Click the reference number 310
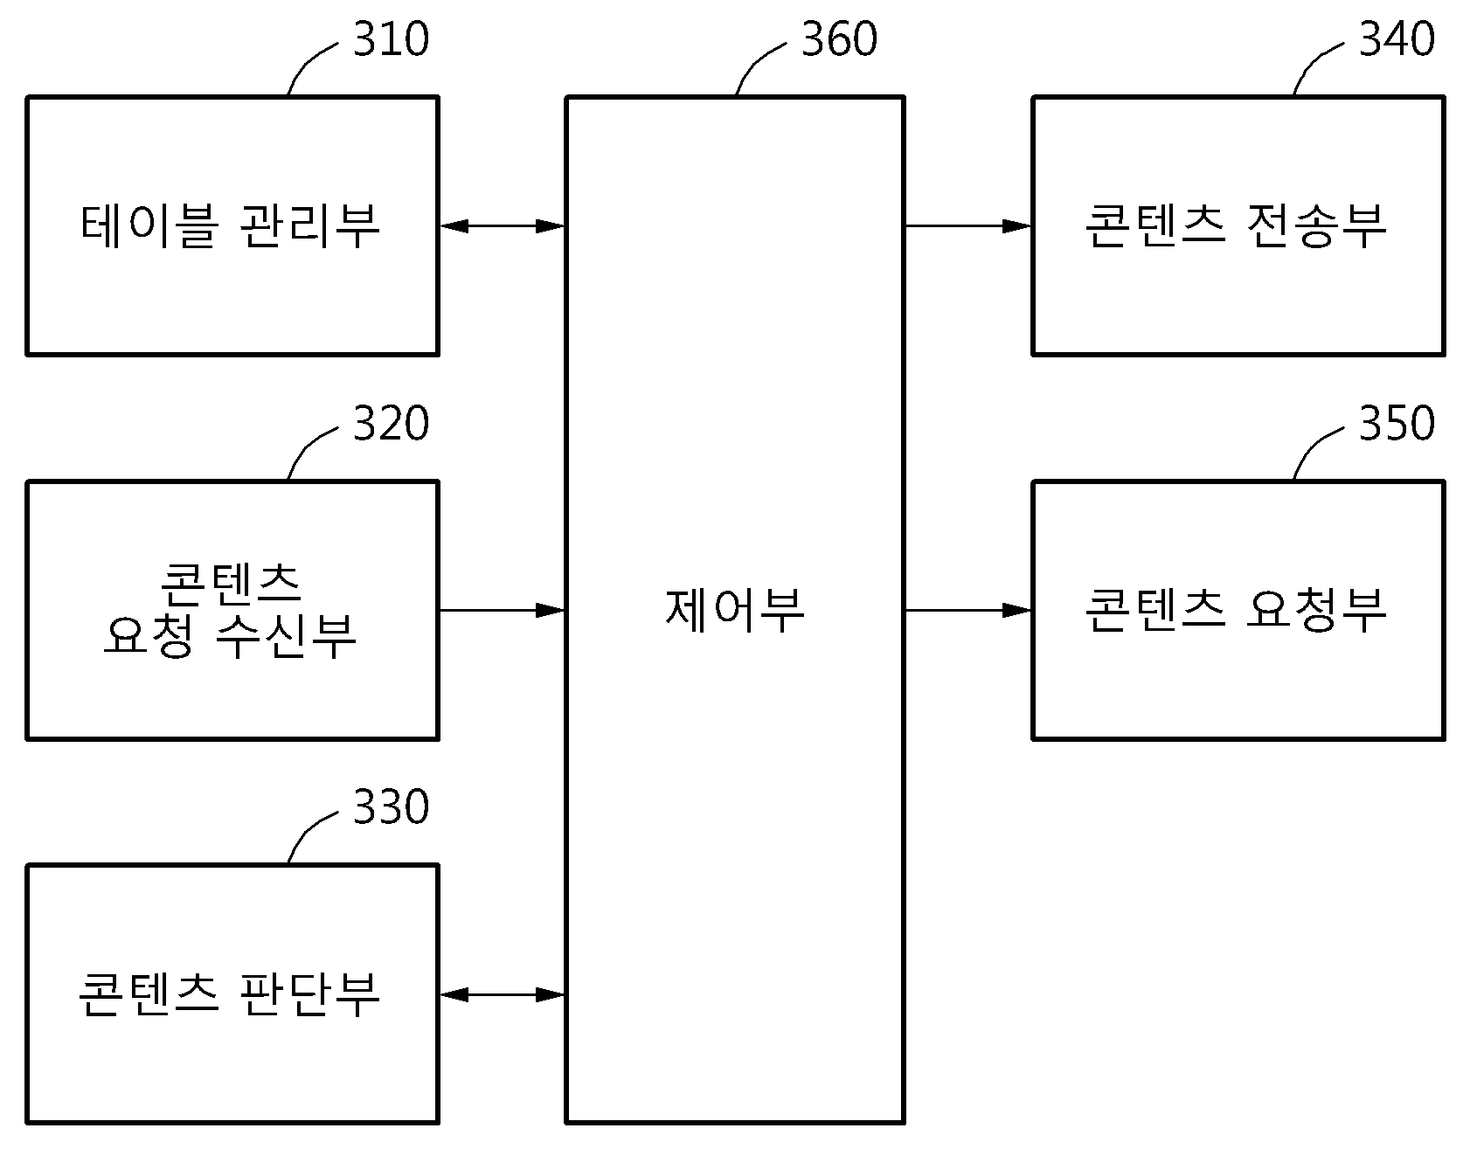click(391, 39)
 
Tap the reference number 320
click(391, 424)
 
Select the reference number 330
click(391, 807)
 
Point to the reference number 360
click(839, 39)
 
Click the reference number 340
click(1397, 39)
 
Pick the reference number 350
click(1397, 424)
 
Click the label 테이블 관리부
click(231, 226)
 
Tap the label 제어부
click(735, 610)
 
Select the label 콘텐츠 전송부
click(1236, 226)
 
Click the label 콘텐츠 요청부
click(1236, 610)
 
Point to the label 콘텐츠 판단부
click(231, 994)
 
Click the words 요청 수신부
click(231, 636)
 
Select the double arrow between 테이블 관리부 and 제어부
click(503, 226)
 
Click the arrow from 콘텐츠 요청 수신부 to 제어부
click(503, 610)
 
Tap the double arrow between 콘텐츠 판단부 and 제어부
click(503, 994)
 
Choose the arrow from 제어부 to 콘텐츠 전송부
click(968, 226)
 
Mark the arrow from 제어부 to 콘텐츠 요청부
click(968, 610)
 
